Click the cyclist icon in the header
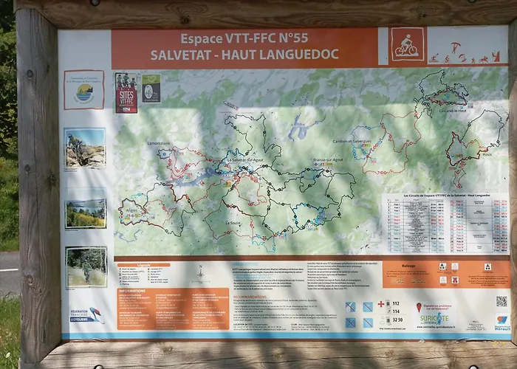[x=407, y=45]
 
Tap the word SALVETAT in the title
[x=191, y=55]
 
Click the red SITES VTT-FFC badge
[x=126, y=92]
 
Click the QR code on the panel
[x=501, y=300]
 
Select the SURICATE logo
[x=435, y=318]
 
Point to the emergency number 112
[x=395, y=303]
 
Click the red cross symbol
[x=381, y=303]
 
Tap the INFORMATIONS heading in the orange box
[x=134, y=291]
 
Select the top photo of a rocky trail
[x=85, y=149]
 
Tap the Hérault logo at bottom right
[x=501, y=323]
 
